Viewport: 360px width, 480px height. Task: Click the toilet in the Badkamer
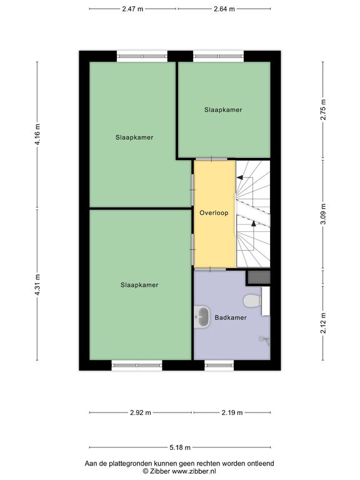coord(252,301)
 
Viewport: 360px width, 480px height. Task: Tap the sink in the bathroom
coord(202,317)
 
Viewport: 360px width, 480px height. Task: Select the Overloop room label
coord(214,212)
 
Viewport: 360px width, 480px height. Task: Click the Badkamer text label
coord(231,317)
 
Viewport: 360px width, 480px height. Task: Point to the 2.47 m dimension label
coord(132,9)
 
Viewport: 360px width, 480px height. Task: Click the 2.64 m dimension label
coord(224,9)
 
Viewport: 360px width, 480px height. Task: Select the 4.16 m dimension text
coord(37,135)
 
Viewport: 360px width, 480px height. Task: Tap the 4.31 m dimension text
coord(37,285)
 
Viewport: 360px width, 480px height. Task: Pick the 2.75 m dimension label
coord(323,110)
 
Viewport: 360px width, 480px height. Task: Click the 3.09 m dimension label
coord(323,214)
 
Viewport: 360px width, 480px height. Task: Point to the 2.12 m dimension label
coord(323,323)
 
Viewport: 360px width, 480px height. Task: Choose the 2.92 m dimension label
coord(141,412)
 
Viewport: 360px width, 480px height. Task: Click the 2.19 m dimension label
coord(232,412)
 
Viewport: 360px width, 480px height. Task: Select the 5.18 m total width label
coord(180,447)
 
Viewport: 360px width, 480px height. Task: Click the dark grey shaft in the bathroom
coord(259,277)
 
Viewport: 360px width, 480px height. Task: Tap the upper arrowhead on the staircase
coord(239,177)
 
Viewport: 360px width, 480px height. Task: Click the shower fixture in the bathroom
coord(265,340)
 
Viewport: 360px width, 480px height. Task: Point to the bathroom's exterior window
coord(219,365)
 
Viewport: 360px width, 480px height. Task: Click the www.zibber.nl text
coord(194,471)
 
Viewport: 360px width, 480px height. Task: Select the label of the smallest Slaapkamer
coord(223,109)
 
